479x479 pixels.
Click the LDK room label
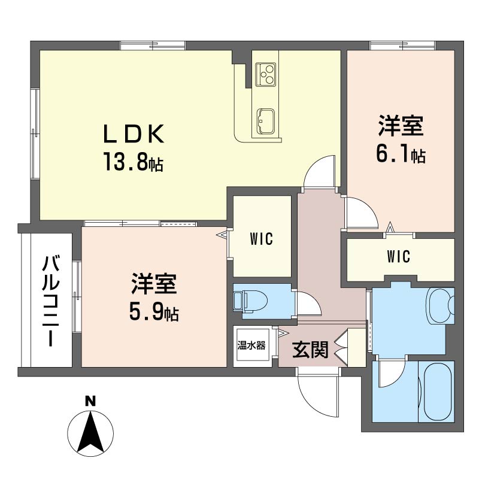[x=134, y=134]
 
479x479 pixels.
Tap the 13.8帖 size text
[x=133, y=161]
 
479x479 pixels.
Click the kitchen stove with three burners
[x=265, y=74]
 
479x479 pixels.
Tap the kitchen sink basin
[x=265, y=121]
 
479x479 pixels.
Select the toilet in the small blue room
[x=250, y=301]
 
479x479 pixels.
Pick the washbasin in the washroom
[x=440, y=305]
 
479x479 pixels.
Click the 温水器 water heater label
[x=251, y=345]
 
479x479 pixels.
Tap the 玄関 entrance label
[x=310, y=349]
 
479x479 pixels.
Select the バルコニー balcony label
[x=51, y=301]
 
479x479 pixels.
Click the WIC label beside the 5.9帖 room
[x=261, y=239]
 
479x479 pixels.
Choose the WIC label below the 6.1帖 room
[x=398, y=256]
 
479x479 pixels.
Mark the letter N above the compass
[x=90, y=401]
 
